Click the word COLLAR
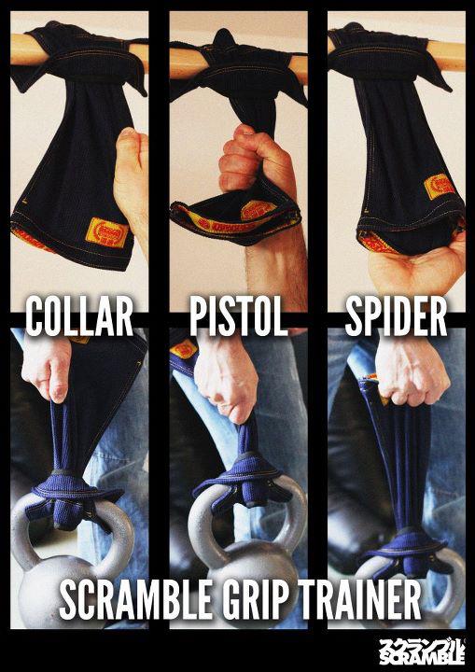pyautogui.click(x=79, y=316)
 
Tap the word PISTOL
pyautogui.click(x=238, y=316)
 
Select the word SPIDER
pyautogui.click(x=396, y=316)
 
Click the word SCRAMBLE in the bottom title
pyautogui.click(x=135, y=598)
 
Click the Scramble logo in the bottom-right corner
pyautogui.click(x=422, y=651)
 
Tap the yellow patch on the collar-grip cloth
pyautogui.click(x=106, y=233)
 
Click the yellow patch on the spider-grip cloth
pyautogui.click(x=440, y=186)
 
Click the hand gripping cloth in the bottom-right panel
pyautogui.click(x=412, y=370)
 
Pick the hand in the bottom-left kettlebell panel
pyautogui.click(x=48, y=366)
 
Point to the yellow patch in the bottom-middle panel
pyautogui.click(x=184, y=349)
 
